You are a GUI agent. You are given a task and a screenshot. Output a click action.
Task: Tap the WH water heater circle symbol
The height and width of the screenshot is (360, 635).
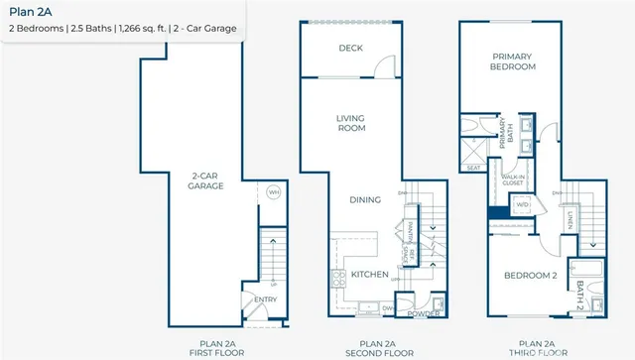(275, 192)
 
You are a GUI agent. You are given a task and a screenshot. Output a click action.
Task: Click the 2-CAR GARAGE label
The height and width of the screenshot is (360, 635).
(207, 182)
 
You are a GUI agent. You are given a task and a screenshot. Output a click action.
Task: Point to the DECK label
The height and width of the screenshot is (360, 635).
(350, 48)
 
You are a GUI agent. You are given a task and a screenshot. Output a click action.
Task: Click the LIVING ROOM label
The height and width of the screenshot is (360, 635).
(351, 123)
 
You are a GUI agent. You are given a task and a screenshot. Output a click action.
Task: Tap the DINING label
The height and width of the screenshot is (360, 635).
(365, 199)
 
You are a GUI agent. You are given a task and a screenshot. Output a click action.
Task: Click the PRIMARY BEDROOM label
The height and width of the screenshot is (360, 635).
(513, 62)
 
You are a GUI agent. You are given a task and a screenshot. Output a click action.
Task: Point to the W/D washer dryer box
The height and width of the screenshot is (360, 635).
(519, 205)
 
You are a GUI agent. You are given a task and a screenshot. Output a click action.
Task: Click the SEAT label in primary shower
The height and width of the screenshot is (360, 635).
(473, 167)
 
